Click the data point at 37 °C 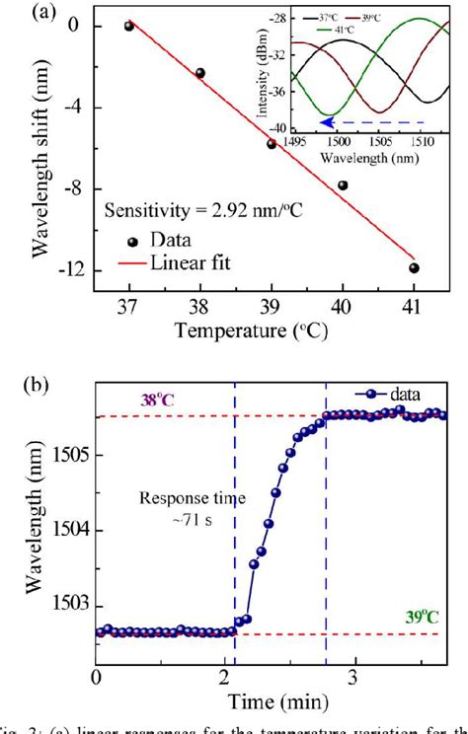(128, 26)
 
